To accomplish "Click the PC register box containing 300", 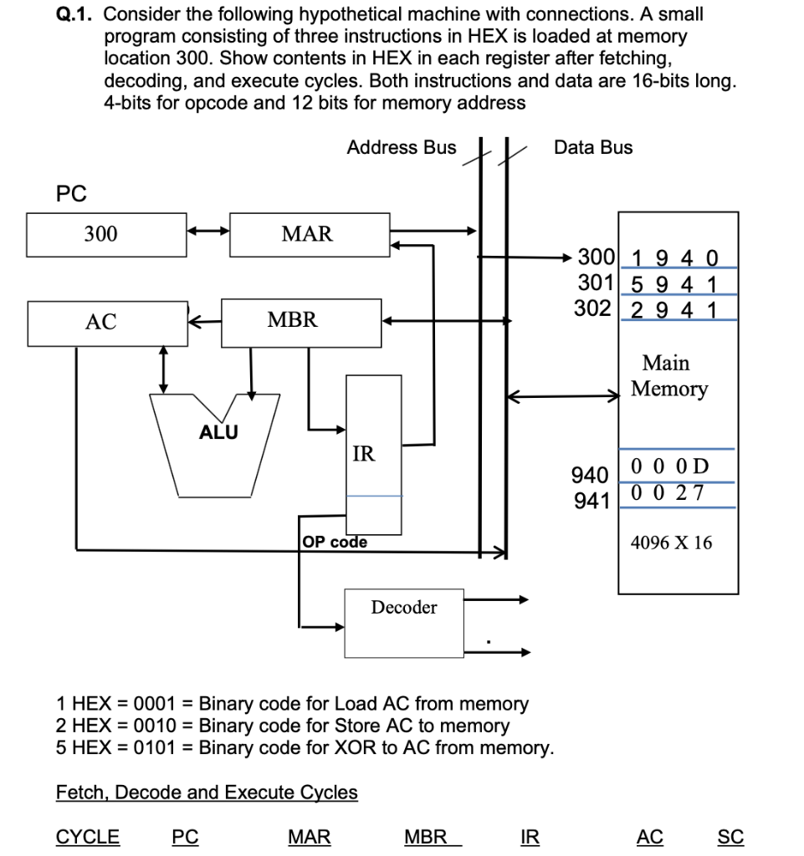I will pos(106,234).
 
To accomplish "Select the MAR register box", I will pos(308,234).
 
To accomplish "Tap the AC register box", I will pos(106,323).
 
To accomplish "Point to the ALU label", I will pos(218,432).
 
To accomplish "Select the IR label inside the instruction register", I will pos(364,455).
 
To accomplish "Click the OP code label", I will pos(335,542).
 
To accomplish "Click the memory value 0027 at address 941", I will pos(668,493).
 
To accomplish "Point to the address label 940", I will pos(588,476).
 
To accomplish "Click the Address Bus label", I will pos(402,148).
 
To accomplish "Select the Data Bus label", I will pos(593,148).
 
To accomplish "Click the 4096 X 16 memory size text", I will pos(671,543).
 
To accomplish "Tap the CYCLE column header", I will pos(87,837).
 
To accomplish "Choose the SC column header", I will pos(730,837).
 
